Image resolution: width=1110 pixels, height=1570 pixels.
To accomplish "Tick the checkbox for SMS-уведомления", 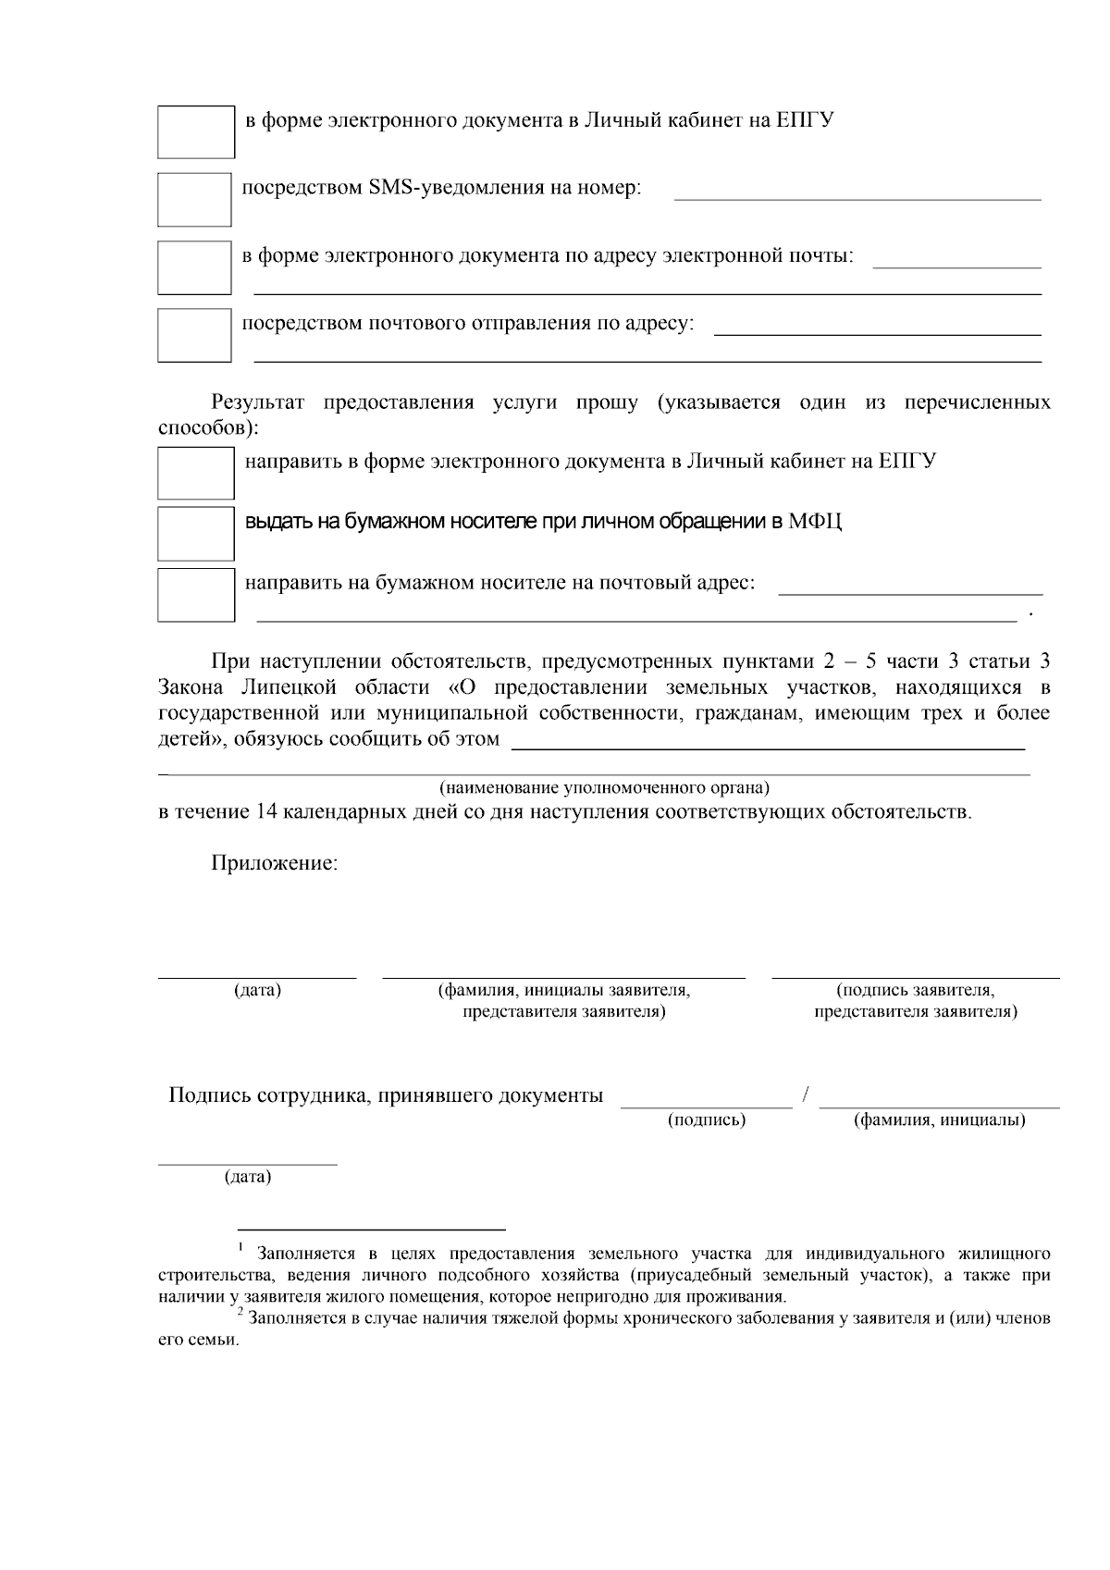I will coord(194,199).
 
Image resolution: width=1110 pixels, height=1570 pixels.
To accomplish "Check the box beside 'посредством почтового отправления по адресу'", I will coord(194,335).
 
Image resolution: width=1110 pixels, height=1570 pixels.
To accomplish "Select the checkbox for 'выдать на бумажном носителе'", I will coord(195,533).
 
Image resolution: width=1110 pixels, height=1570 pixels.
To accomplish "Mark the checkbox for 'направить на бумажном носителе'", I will coord(195,594).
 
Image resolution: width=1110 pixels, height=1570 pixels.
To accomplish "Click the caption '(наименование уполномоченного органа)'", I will coord(604,788).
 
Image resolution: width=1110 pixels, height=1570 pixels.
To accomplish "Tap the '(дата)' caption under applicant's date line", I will coord(257,990).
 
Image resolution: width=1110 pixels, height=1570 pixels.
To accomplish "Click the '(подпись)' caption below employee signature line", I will coord(707,1120).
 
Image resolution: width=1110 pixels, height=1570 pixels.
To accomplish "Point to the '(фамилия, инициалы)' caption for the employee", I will coord(939,1120).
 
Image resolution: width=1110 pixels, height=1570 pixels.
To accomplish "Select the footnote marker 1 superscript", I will coord(240,1249).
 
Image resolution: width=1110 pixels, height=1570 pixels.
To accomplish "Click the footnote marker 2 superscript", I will coord(240,1313).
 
